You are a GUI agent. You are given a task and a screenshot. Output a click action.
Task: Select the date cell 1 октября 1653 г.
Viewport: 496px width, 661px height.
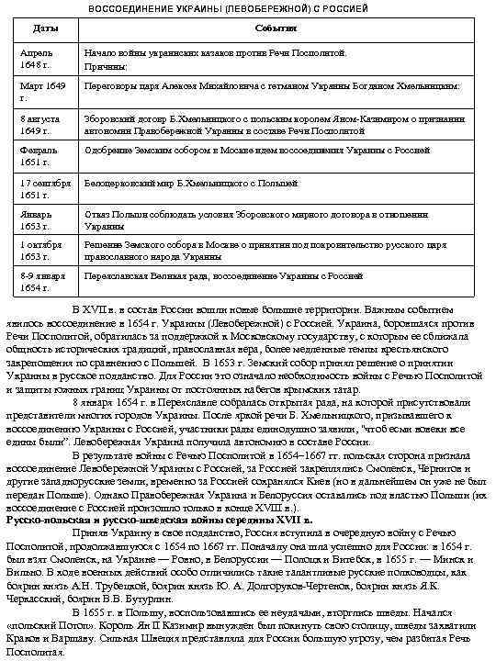click(x=42, y=252)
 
